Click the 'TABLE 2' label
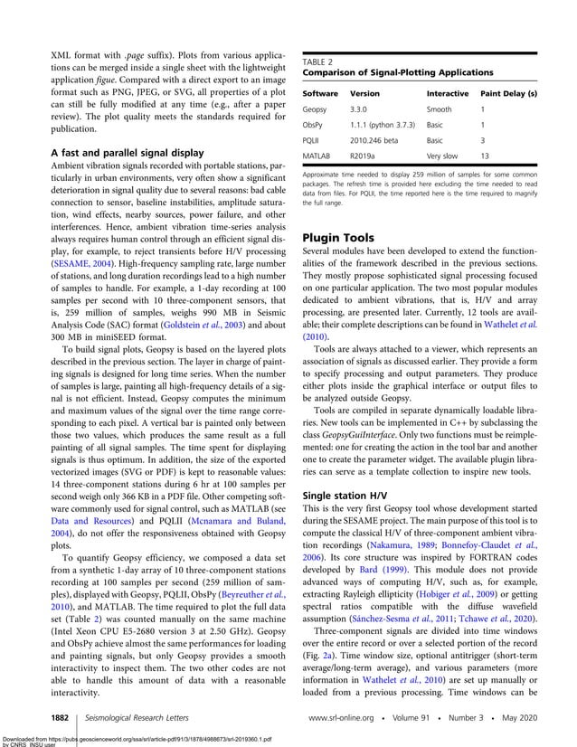click(x=317, y=61)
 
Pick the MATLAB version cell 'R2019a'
click(x=364, y=156)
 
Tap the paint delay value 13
click(x=485, y=156)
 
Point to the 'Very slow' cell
click(x=443, y=156)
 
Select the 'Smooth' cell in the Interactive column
click(x=440, y=109)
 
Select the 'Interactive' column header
click(x=447, y=93)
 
